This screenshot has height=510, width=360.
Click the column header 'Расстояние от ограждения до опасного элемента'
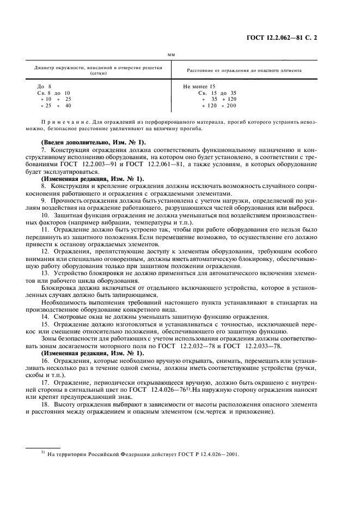[x=243, y=70]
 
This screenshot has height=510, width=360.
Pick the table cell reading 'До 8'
[x=44, y=87]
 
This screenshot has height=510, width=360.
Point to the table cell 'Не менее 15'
[x=199, y=87]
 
